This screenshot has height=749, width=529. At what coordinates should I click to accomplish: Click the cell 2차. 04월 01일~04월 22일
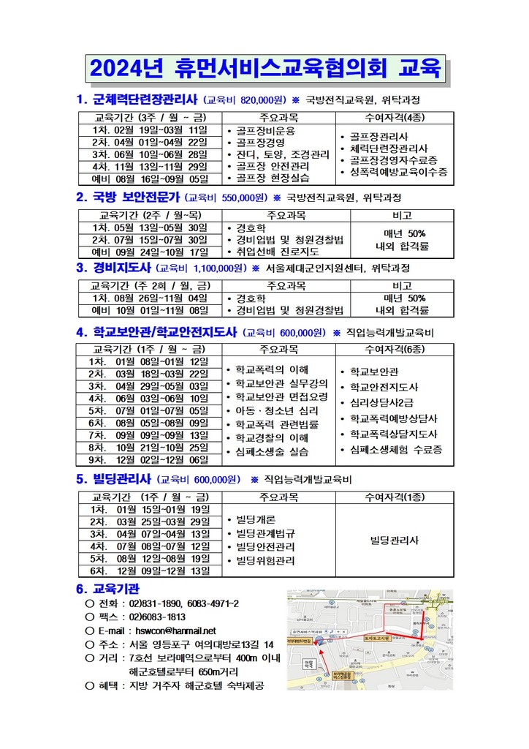[150, 142]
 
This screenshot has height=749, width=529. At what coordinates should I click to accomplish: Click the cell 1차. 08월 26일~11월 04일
[150, 298]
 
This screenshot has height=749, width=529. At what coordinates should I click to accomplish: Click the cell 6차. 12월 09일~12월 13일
[150, 570]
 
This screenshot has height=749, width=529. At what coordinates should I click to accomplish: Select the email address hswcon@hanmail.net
[173, 631]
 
